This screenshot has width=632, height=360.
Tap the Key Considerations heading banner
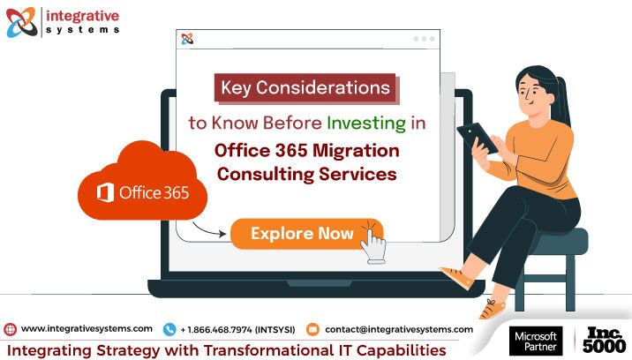tap(306, 88)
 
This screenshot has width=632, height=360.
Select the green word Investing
tap(366, 124)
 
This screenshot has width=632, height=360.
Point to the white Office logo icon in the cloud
tap(105, 192)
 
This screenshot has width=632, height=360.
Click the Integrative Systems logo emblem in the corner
tap(21, 22)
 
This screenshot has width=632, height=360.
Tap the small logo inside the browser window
tap(187, 39)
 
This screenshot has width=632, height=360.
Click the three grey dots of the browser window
tap(424, 39)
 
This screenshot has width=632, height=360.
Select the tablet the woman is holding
tap(477, 138)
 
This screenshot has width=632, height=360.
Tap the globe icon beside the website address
tap(10, 329)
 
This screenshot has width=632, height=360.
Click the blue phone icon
tap(169, 329)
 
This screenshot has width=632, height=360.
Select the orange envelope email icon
tap(312, 329)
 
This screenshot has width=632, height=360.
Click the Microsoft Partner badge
tap(536, 341)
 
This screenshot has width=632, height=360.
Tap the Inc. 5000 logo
tap(604, 341)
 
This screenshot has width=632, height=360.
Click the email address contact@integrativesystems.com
tap(399, 329)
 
